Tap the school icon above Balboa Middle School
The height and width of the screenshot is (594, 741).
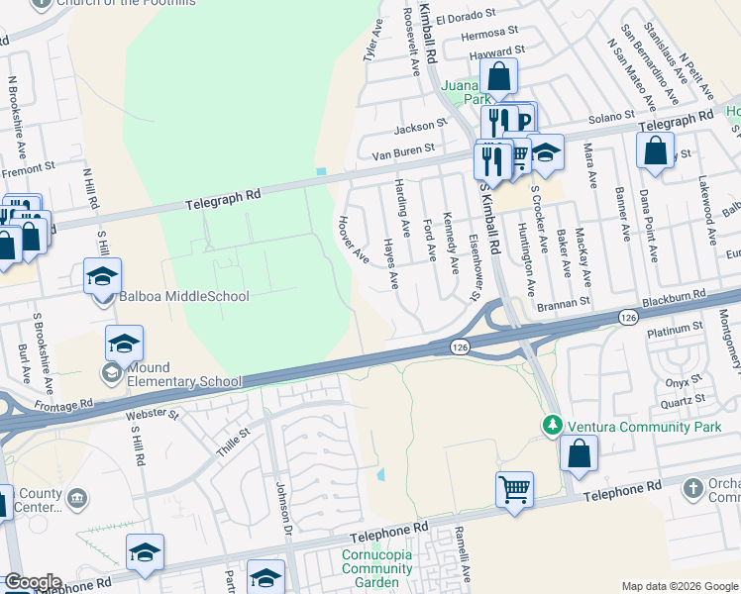tap(102, 277)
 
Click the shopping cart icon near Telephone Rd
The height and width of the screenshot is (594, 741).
tap(514, 489)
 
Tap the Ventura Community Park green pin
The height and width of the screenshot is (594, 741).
tap(552, 425)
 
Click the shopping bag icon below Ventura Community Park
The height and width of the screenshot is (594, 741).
tap(579, 453)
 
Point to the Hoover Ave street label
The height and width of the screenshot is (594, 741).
tap(354, 241)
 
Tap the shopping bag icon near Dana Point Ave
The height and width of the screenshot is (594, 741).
tap(655, 150)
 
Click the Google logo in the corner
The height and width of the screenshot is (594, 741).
tap(32, 582)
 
